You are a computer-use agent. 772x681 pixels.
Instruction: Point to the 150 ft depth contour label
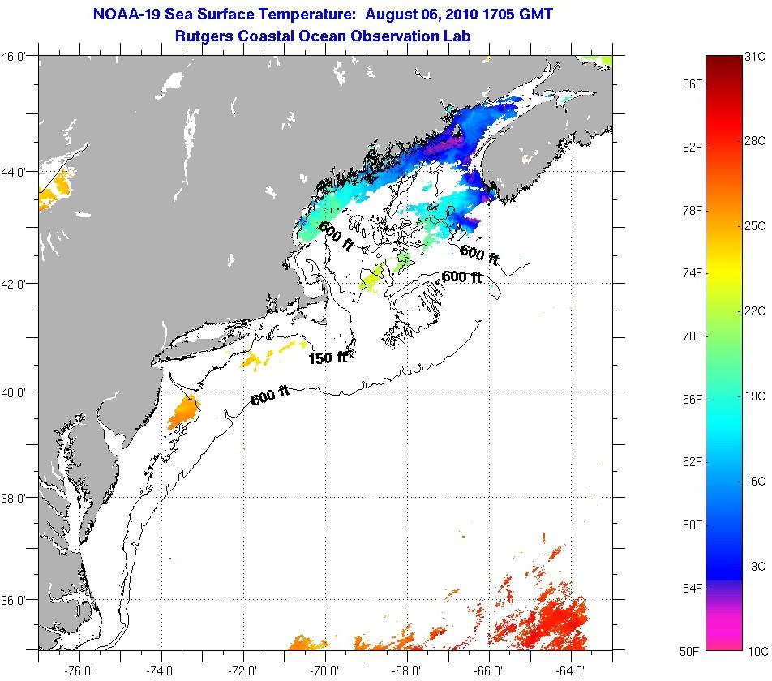click(x=328, y=357)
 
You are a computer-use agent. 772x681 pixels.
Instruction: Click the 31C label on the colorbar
click(x=755, y=57)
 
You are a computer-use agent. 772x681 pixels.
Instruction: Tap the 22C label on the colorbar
click(x=755, y=311)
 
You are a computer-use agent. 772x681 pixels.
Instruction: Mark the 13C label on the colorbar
click(x=755, y=566)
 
